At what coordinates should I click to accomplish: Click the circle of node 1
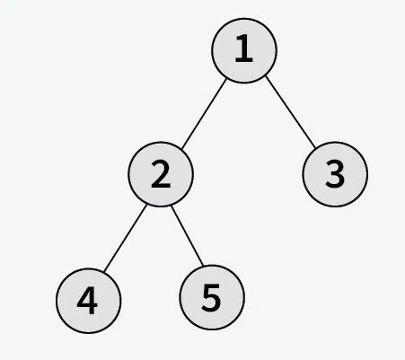(243, 50)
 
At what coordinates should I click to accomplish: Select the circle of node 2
(161, 174)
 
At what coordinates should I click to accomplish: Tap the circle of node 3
(335, 174)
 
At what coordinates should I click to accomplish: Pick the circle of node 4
(87, 300)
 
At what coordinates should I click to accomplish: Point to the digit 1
(243, 50)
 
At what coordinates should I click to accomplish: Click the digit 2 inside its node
(161, 174)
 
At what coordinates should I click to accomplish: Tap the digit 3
(335, 174)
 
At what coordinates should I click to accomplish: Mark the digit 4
(87, 300)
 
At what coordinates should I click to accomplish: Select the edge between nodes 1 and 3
(289, 112)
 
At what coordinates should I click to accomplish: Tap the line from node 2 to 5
(186, 236)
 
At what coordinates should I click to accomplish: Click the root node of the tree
(243, 50)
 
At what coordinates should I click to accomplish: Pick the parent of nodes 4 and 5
(161, 174)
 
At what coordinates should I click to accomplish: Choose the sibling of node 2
(335, 174)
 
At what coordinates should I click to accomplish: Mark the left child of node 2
(87, 300)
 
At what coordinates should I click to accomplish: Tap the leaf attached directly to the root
(335, 174)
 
